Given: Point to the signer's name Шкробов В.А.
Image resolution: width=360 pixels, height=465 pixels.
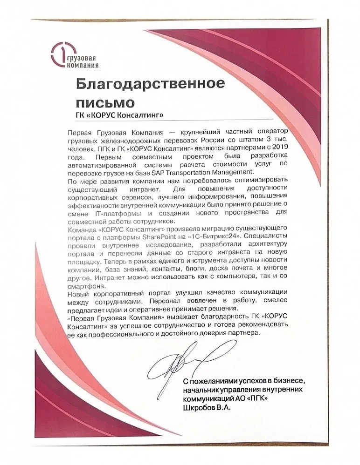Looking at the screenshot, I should [207, 407].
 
